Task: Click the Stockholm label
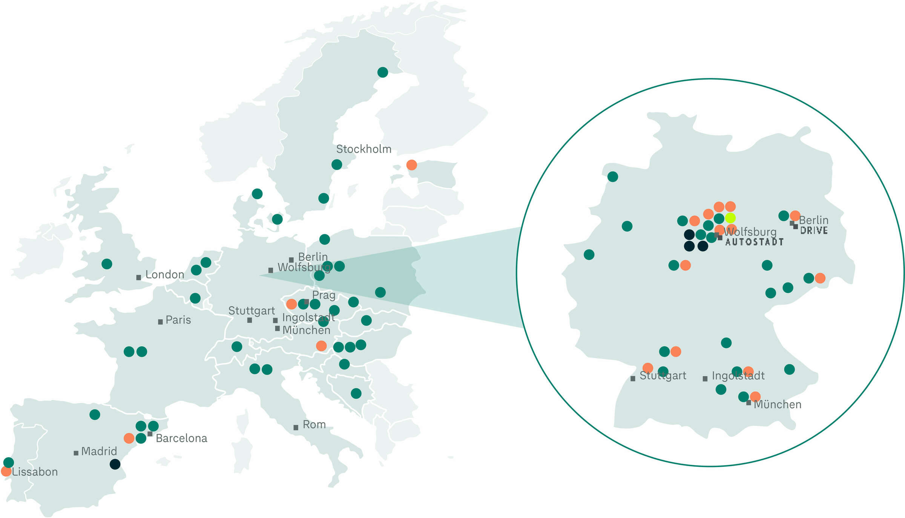pos(364,149)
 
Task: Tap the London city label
pos(165,274)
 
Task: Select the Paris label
pos(178,320)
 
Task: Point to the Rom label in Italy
pos(314,425)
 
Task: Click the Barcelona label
pos(181,438)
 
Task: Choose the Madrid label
pos(99,451)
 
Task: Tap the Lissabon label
pos(35,472)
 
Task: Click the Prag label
pos(324,295)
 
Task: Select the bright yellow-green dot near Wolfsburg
pos(730,218)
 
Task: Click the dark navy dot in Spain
pos(115,464)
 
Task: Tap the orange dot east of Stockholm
pos(411,165)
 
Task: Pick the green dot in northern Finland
pos(382,72)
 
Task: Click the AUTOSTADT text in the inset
pos(754,242)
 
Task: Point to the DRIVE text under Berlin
pos(814,231)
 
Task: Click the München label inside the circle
pos(777,405)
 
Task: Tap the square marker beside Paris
pos(160,322)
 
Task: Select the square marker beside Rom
pos(296,428)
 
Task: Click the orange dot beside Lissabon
pos(6,471)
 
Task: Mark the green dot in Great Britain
pos(107,264)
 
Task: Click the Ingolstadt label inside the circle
pos(738,376)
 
